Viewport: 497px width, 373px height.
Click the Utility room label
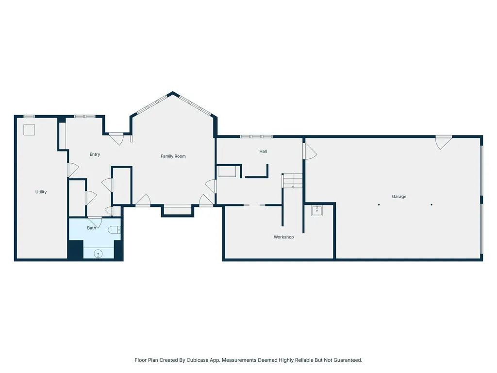pyautogui.click(x=41, y=192)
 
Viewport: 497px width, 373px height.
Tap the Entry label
pyautogui.click(x=95, y=154)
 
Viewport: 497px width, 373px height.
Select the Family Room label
pyautogui.click(x=173, y=156)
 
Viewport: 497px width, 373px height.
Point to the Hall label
pyautogui.click(x=263, y=152)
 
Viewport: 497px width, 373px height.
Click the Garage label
pyautogui.click(x=399, y=197)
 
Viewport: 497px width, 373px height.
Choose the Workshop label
pyautogui.click(x=283, y=237)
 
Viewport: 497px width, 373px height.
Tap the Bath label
pyautogui.click(x=91, y=228)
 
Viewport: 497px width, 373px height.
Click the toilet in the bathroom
pyautogui.click(x=114, y=230)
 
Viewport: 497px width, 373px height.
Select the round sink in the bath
pyautogui.click(x=98, y=254)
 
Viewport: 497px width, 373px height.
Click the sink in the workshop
pyautogui.click(x=316, y=211)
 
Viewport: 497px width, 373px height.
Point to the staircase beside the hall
pyautogui.click(x=293, y=181)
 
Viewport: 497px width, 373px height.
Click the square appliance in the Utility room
pyautogui.click(x=29, y=130)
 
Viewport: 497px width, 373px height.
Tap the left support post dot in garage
pyautogui.click(x=379, y=205)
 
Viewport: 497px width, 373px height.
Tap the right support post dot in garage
pyautogui.click(x=431, y=205)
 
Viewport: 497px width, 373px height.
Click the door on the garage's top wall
pyautogui.click(x=444, y=142)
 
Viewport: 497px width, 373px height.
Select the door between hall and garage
pyautogui.click(x=310, y=152)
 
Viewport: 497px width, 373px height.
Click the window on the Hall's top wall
pyautogui.click(x=256, y=136)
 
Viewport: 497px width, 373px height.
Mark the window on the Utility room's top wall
pyautogui.click(x=29, y=117)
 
